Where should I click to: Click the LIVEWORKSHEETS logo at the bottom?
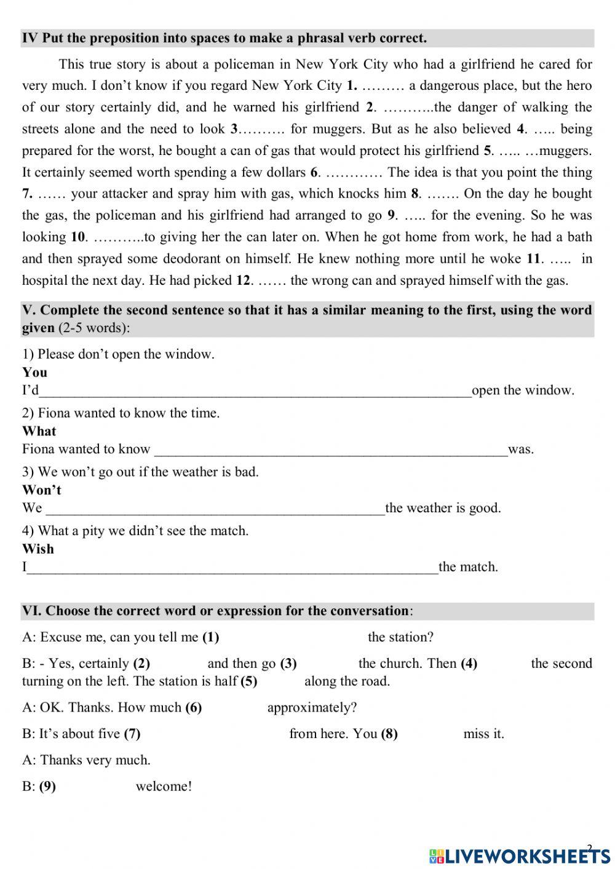tap(520, 855)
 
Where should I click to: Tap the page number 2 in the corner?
tap(590, 848)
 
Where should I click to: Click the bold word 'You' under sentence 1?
tap(34, 372)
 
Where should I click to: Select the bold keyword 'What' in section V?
tap(39, 431)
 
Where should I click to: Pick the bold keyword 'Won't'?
tap(42, 490)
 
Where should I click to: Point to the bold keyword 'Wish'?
tap(38, 549)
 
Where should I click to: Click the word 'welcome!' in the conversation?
tap(164, 786)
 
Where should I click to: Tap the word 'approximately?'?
tap(312, 707)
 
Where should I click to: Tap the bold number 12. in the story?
tap(244, 280)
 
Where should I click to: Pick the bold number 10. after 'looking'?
tap(79, 237)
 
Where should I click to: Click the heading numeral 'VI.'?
tap(31, 611)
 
